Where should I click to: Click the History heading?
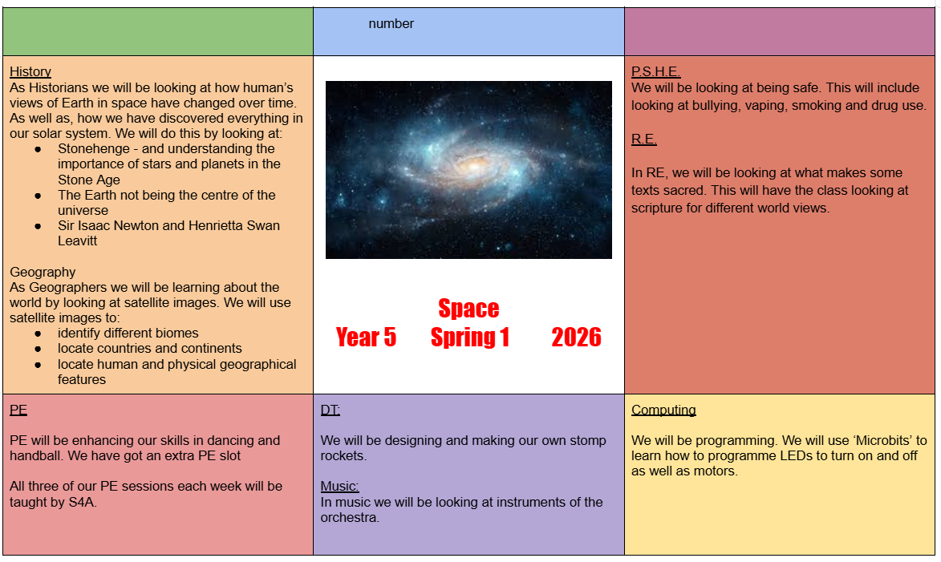click(30, 72)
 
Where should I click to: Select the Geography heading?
click(43, 273)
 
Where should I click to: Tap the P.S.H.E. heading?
click(656, 72)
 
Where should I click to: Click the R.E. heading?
click(644, 139)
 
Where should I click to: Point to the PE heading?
click(18, 410)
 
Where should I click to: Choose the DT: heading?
click(330, 410)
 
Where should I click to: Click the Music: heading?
click(339, 487)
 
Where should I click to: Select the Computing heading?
click(663, 410)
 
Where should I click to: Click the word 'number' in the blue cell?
click(391, 24)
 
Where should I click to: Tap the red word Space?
click(468, 309)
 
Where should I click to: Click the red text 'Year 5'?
click(366, 337)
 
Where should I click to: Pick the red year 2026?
click(576, 337)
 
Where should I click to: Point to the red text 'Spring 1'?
click(470, 338)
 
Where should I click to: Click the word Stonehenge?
click(94, 149)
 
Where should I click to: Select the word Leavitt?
click(78, 241)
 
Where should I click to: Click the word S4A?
click(82, 502)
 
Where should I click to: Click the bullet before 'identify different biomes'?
click(38, 334)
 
